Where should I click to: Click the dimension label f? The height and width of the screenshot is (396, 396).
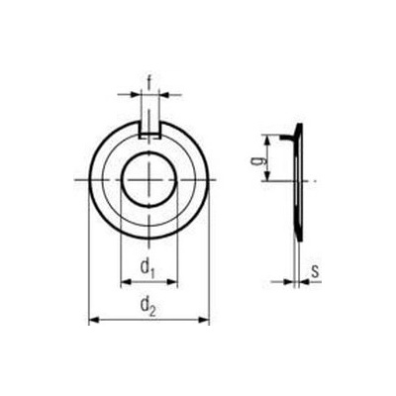[149, 82]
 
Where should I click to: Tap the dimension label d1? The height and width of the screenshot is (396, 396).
[148, 267]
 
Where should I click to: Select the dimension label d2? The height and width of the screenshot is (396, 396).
[148, 306]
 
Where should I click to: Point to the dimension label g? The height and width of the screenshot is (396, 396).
[262, 159]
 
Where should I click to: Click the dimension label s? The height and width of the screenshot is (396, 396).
[316, 271]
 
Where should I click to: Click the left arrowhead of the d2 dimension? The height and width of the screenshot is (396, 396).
[95, 320]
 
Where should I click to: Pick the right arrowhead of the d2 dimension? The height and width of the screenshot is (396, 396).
[204, 320]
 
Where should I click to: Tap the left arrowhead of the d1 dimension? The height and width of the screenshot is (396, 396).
[127, 282]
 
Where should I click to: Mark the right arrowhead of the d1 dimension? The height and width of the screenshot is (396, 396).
[172, 282]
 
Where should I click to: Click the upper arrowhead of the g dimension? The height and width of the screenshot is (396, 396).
[268, 141]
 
